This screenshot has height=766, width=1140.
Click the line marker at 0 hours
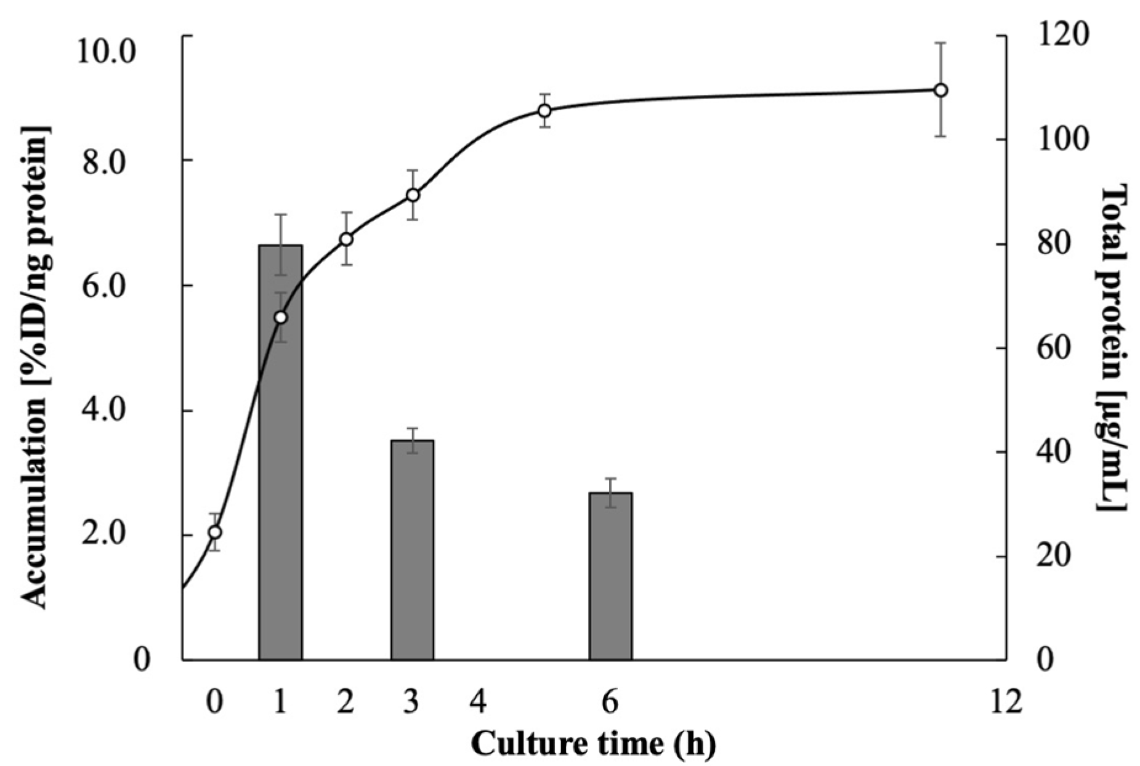click(214, 532)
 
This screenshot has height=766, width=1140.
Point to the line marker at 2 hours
click(346, 239)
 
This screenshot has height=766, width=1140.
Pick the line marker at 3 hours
click(413, 195)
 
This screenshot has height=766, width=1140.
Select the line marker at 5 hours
click(544, 111)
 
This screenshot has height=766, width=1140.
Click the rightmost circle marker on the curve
click(940, 91)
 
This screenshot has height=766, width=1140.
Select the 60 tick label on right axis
click(1054, 347)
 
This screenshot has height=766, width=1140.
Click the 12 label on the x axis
click(1006, 702)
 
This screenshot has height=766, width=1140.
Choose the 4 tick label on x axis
click(478, 702)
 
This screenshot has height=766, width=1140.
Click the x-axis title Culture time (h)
click(594, 744)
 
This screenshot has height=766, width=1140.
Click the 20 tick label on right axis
click(1054, 556)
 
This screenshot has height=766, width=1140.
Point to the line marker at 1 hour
click(280, 317)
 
